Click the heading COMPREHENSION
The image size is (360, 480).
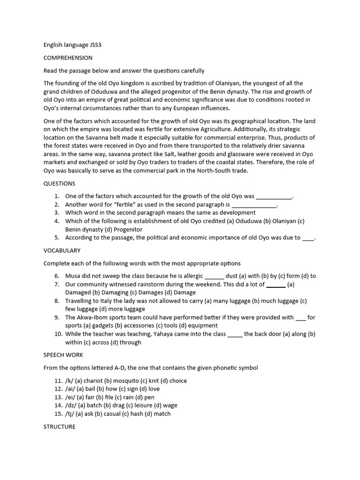pyautogui.click(x=67, y=58)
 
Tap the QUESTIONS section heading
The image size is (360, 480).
pyautogui.click(x=59, y=183)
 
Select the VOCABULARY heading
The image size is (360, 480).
pyautogui.click(x=62, y=250)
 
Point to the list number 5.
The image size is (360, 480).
pyautogui.click(x=56, y=238)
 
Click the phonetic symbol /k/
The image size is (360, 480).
pyautogui.click(x=70, y=381)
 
